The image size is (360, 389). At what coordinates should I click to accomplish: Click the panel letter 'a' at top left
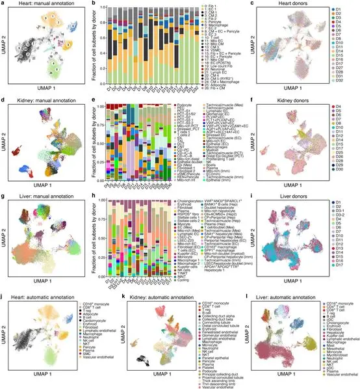3,5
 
